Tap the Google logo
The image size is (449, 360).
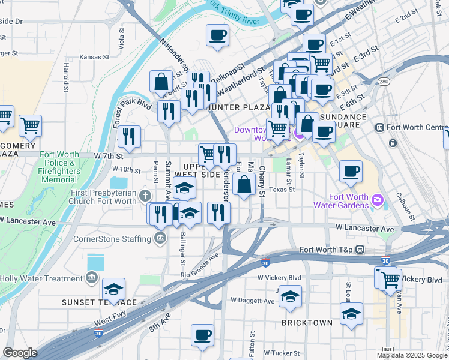20,353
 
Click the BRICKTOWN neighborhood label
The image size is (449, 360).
307,323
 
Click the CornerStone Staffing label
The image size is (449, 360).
112,239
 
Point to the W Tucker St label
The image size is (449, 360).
283,353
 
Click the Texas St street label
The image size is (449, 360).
282,190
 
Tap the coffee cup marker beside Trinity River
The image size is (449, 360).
217,34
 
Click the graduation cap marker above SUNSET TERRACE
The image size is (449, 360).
113,290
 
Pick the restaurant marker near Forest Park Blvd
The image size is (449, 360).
129,136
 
